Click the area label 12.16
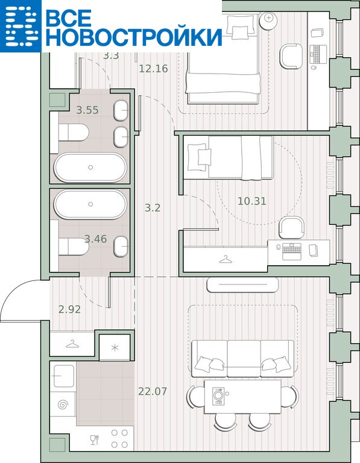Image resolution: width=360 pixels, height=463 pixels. [153, 69]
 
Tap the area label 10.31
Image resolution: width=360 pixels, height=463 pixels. [252, 201]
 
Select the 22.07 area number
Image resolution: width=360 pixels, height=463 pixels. [153, 391]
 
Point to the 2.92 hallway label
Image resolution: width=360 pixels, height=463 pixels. [69, 309]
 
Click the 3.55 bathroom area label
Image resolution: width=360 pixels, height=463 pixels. [87, 110]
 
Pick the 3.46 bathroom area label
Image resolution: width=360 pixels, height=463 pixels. [96, 239]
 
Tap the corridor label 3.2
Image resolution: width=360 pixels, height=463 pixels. [153, 208]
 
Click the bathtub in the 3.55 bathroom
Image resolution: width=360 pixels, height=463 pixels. [90, 168]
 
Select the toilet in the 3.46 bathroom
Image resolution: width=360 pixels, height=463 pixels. [74, 247]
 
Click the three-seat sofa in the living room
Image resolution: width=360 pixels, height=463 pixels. [243, 359]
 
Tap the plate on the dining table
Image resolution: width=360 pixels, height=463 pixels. [218, 394]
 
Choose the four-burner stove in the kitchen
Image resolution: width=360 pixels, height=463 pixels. [119, 438]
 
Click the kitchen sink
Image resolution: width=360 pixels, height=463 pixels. [63, 376]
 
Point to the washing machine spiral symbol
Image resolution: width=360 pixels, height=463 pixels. [63, 405]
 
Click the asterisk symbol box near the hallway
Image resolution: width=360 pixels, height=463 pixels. [115, 347]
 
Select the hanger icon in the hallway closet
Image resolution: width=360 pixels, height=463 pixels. [72, 344]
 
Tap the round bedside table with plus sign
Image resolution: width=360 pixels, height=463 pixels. [268, 18]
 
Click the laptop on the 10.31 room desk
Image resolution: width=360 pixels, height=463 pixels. [292, 251]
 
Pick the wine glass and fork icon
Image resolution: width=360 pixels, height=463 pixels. [94, 439]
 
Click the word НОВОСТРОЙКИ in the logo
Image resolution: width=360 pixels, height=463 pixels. [134, 37]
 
